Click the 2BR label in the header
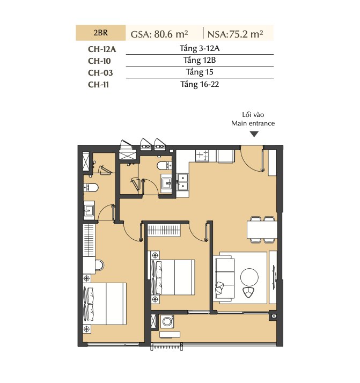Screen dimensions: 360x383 [x=100, y=33]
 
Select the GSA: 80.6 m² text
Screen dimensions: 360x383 [x=159, y=34]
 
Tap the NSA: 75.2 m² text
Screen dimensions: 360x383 [x=235, y=34]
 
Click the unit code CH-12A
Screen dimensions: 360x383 [x=102, y=49]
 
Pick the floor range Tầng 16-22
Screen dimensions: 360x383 [x=200, y=84]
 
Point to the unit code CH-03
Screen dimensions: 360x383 [x=100, y=73]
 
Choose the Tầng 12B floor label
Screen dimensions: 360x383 [x=200, y=60]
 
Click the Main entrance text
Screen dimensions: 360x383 [x=253, y=123]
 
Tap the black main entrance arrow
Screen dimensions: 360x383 [x=254, y=134]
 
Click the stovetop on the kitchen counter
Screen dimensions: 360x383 [x=202, y=155]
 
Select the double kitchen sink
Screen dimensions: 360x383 [x=183, y=182]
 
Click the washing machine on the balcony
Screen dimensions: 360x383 [x=167, y=321]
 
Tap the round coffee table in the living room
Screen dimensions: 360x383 [x=249, y=277]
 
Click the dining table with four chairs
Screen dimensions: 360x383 [x=262, y=230]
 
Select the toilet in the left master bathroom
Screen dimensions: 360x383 [x=91, y=188]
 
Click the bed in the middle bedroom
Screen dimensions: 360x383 [x=173, y=277]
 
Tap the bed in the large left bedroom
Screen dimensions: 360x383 [x=105, y=304]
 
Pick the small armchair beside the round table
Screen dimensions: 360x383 [x=248, y=292]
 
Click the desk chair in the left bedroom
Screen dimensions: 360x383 [x=99, y=266]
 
